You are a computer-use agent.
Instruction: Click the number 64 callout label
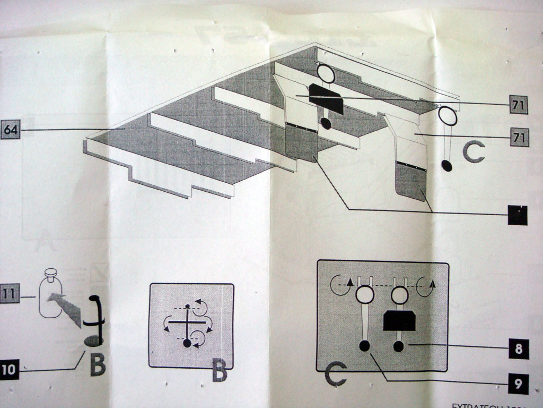pos(11,130)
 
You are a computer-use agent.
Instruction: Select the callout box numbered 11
pos(10,292)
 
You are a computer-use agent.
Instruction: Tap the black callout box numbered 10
pos(8,369)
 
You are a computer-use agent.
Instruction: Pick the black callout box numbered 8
pos(518,349)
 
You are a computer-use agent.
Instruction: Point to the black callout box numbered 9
pos(518,382)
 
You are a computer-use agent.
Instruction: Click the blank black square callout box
pos(518,215)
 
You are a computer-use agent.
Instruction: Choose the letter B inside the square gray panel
pos(219,371)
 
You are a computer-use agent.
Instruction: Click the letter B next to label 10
pos(98,365)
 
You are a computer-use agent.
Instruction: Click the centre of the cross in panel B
pos(187,322)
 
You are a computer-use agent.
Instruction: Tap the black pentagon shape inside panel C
pos(399,320)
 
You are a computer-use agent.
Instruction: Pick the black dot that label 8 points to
pos(398,346)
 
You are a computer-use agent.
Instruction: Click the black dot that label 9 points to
pos(364,346)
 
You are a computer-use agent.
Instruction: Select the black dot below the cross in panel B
pos(187,343)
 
